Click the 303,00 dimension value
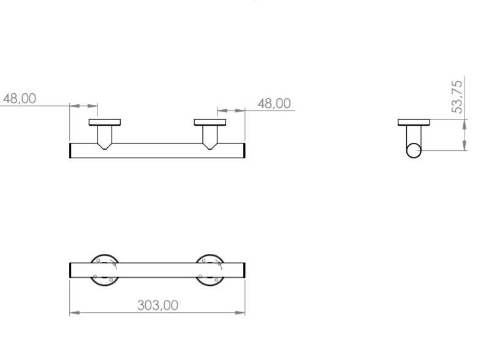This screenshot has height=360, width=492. click(x=157, y=305)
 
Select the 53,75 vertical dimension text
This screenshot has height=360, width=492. click(x=457, y=95)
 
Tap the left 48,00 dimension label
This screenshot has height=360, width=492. click(x=20, y=98)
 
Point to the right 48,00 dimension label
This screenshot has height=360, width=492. click(x=274, y=103)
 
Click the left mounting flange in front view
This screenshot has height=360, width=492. click(x=105, y=122)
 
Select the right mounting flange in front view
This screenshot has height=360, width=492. click(x=210, y=122)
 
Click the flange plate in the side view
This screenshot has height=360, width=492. click(x=414, y=122)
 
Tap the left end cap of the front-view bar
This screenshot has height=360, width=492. click(x=71, y=150)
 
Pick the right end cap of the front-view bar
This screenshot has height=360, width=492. click(x=244, y=150)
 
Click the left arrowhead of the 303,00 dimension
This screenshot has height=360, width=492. click(x=74, y=313)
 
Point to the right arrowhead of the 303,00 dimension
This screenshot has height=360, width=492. click(x=241, y=313)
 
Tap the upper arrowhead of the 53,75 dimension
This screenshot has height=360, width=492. click(x=465, y=124)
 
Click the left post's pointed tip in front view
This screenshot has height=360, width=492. click(x=105, y=147)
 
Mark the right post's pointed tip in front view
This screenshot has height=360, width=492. click(x=210, y=147)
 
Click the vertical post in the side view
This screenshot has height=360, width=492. click(x=414, y=134)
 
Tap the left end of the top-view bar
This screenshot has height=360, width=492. click(x=72, y=270)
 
